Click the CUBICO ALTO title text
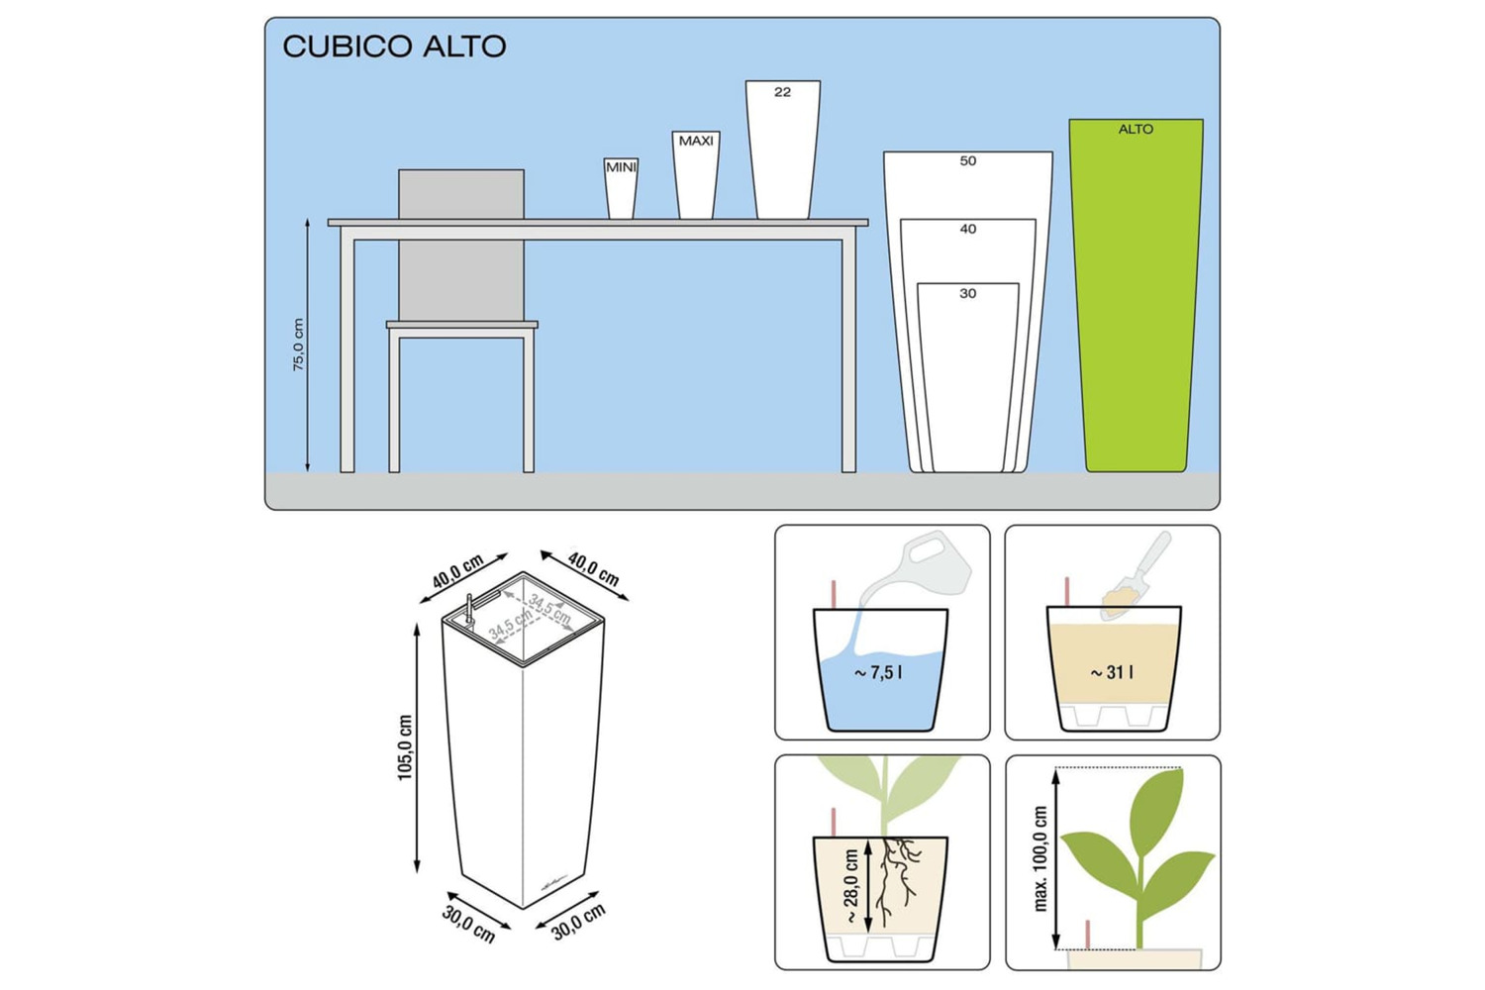pyautogui.click(x=394, y=47)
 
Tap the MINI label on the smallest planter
pyautogui.click(x=621, y=167)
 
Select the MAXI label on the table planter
pyautogui.click(x=696, y=141)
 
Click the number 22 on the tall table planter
pyautogui.click(x=782, y=92)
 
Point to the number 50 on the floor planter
pyautogui.click(x=968, y=160)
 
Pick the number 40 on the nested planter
pyautogui.click(x=968, y=229)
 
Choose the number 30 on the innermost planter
pyautogui.click(x=968, y=293)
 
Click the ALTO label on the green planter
pyautogui.click(x=1136, y=130)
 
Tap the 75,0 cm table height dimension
pyautogui.click(x=298, y=345)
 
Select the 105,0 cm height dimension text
pyautogui.click(x=404, y=747)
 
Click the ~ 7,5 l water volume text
pyautogui.click(x=878, y=673)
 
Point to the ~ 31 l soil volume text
pyautogui.click(x=1112, y=673)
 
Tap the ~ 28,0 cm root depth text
pyautogui.click(x=851, y=887)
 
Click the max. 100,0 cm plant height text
pyautogui.click(x=1040, y=858)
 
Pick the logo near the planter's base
pyautogui.click(x=554, y=882)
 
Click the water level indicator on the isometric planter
pyautogui.click(x=468, y=609)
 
